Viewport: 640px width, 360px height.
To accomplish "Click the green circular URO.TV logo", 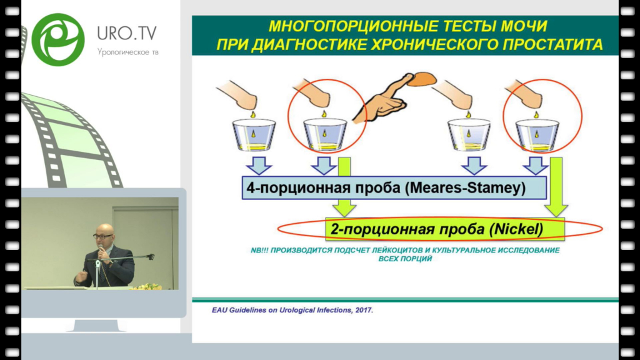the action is pos(58,39).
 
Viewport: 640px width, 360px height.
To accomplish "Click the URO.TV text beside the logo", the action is pos(127,33).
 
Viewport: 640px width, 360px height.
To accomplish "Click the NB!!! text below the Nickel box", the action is pos(259,250).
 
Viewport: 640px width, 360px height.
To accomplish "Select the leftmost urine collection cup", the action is pos(254,135).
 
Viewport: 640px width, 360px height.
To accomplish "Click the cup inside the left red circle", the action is pos(325,135).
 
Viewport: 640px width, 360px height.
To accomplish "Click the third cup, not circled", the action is pos(469,135).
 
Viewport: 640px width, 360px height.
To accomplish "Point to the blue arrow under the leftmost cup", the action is pos(259,165).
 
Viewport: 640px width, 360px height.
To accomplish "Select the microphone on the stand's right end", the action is pos(150,257).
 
